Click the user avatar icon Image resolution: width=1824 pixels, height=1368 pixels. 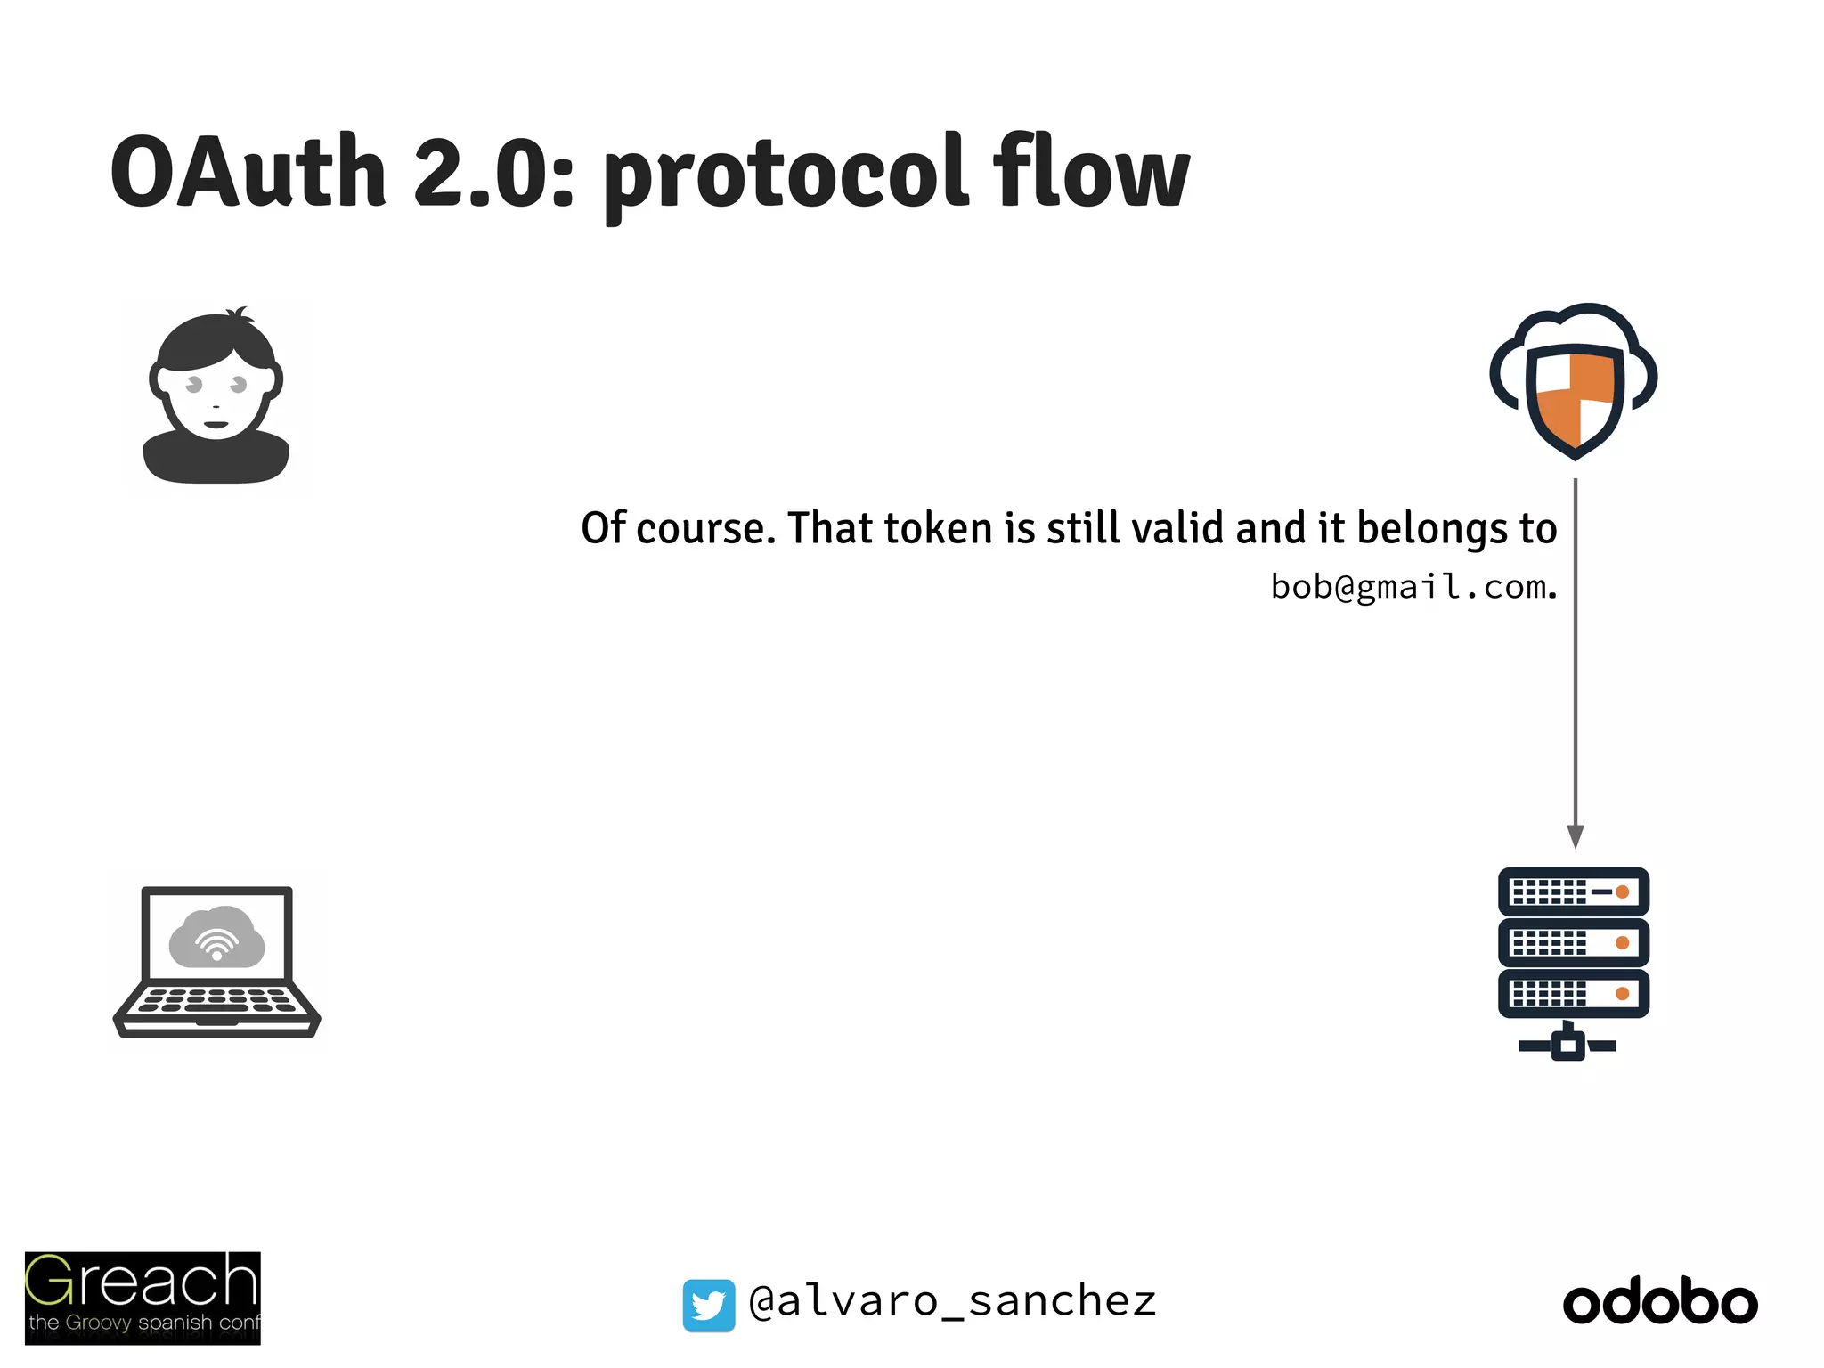click(216, 396)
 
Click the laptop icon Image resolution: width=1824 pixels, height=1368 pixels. click(216, 962)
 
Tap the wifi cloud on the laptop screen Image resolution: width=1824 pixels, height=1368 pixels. click(216, 938)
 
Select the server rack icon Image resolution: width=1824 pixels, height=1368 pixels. click(1573, 962)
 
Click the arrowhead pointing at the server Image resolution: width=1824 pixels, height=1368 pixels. click(1575, 835)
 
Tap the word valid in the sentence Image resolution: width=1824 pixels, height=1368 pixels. click(1177, 528)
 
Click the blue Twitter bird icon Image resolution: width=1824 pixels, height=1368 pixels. click(709, 1305)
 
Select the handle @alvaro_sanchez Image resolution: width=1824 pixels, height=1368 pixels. click(952, 1301)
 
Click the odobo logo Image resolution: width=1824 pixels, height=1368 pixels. click(1660, 1303)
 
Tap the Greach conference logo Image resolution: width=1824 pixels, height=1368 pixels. click(142, 1298)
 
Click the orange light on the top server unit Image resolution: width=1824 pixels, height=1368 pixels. click(1622, 892)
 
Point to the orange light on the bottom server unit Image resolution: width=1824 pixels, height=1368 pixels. click(1622, 993)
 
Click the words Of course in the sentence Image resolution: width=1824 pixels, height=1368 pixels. click(673, 528)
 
